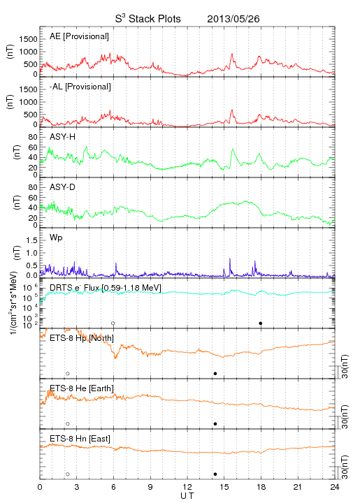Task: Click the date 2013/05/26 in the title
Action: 233,19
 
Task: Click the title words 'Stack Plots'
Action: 154,19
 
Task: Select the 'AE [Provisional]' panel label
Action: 79,36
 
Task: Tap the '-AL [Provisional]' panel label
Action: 80,87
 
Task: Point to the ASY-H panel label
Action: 63,137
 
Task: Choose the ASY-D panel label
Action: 63,187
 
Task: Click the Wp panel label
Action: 56,238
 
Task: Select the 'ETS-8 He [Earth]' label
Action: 82,388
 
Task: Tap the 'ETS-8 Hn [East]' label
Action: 80,439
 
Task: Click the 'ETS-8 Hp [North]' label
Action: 82,338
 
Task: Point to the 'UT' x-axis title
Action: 187,496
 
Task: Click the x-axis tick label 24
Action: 335,487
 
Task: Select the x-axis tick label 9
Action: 150,487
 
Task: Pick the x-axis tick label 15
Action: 224,487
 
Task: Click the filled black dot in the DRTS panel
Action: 261,323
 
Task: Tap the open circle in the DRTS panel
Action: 113,323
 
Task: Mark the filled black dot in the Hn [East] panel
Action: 215,474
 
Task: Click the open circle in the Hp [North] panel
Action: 68,374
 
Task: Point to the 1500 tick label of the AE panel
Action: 28,39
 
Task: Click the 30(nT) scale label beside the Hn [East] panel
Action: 345,467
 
